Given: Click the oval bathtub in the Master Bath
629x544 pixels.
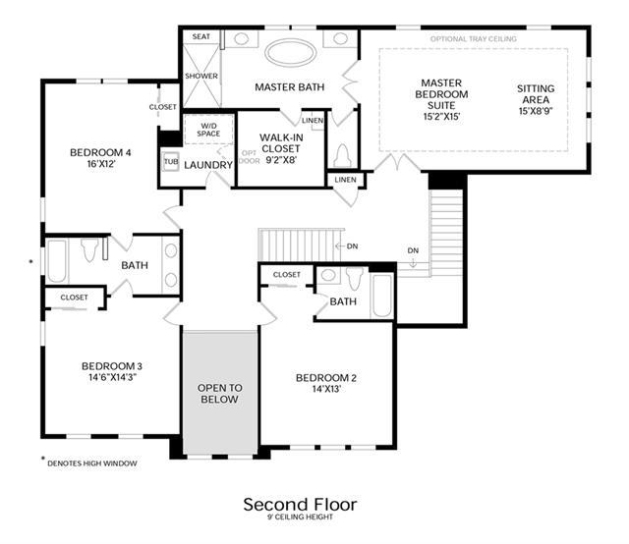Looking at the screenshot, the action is pos(291,52).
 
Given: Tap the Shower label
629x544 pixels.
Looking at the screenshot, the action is pos(201,76).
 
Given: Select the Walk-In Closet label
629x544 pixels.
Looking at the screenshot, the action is pos(281,143).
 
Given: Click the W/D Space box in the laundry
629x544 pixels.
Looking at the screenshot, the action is pos(208,130).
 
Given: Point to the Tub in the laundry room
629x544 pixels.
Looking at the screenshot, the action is pos(171,162).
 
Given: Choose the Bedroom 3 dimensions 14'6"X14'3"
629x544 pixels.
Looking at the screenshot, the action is pos(113,377).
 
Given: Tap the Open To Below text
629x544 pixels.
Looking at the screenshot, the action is pos(220,393).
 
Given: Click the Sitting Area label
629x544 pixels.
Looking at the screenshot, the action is pos(536,94).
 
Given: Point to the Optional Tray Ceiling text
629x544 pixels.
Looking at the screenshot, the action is pos(474,39).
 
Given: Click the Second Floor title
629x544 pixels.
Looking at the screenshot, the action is pos(300,505).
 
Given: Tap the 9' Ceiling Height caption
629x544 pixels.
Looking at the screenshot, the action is pos(301,517).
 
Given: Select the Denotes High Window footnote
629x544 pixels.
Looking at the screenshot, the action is pos(92,463).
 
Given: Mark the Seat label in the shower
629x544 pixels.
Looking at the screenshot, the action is pos(200,36).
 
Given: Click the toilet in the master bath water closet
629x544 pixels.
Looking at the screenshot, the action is pos(343,155).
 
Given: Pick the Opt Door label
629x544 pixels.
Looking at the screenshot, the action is pos(250,157).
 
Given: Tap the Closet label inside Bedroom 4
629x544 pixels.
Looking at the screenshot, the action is pos(162,107).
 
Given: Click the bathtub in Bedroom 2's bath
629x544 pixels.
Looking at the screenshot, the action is pos(382,296).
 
